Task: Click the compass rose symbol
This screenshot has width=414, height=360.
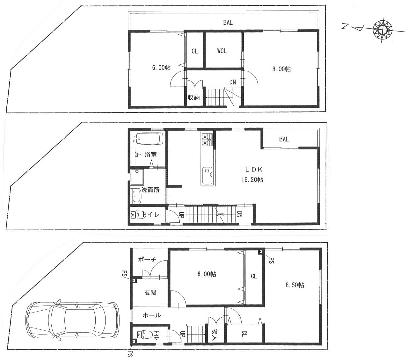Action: click(382, 30)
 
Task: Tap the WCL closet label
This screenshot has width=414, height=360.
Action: click(222, 51)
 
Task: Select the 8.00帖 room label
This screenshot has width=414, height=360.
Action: click(281, 69)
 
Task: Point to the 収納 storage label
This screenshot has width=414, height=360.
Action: click(194, 97)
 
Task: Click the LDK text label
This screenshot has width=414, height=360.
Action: click(254, 169)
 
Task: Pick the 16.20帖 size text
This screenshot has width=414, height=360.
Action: click(252, 180)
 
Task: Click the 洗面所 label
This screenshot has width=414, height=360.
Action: click(150, 190)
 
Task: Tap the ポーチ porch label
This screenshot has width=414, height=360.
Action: click(147, 259)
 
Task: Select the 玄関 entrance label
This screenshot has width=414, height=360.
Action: click(150, 292)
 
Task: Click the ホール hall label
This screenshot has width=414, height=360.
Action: click(152, 315)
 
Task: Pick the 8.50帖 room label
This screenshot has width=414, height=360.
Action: click(294, 285)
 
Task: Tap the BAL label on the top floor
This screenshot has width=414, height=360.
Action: click(228, 22)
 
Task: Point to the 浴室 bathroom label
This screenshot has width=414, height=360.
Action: click(150, 155)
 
